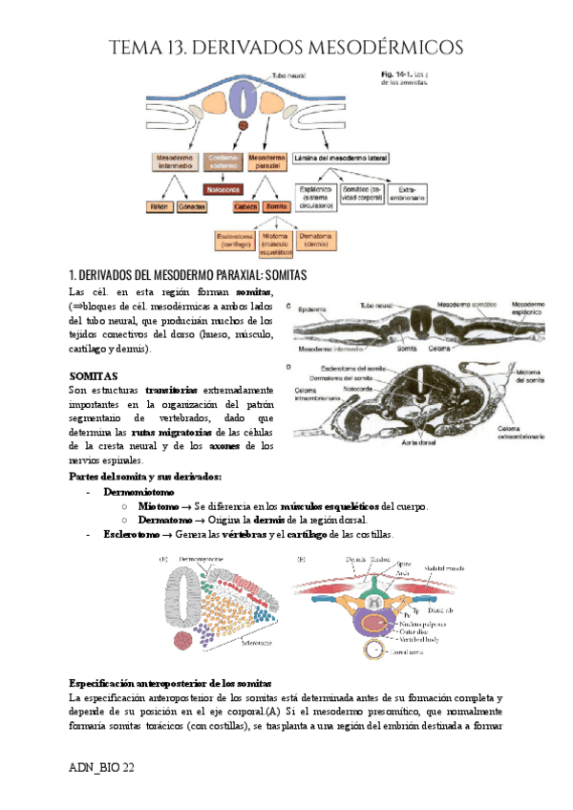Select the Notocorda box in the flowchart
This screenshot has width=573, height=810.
point(223,189)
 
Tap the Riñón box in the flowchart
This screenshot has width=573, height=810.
point(158,206)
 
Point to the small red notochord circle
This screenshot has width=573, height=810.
point(244,125)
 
